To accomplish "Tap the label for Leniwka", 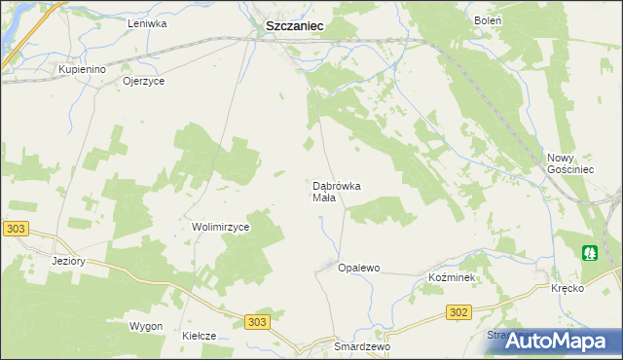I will pos(147,22).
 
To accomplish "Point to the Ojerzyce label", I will pos(143,81).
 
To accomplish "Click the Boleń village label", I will pos(488,19).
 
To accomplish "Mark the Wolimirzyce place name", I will pos(221,227).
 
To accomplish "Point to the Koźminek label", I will pos(451,277).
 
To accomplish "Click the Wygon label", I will pos(145,326).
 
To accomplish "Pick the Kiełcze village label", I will pos(199,336).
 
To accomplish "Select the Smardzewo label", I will pos(361,346).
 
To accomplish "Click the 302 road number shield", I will pos(459,312).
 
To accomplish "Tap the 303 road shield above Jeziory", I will pos(16,229).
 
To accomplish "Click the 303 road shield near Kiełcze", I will pos(257,322).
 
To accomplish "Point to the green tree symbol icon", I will pos(590,253).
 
